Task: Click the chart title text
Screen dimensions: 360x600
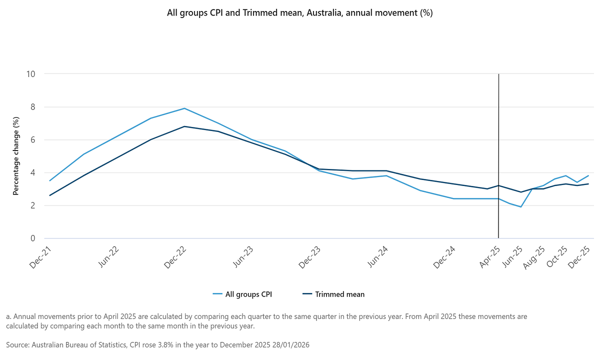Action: click(299, 13)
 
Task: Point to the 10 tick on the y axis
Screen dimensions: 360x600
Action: click(31, 74)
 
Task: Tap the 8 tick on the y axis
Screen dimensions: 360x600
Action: click(33, 107)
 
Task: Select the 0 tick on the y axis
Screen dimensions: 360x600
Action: click(33, 238)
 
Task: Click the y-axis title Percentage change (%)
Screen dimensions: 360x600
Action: click(15, 156)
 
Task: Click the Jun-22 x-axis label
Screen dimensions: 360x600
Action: click(108, 257)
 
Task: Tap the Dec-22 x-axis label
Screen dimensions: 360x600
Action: click(175, 257)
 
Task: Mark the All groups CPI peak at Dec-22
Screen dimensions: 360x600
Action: click(184, 108)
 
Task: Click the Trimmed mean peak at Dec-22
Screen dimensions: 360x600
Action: click(184, 126)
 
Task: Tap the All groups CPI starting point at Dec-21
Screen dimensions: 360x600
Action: click(50, 180)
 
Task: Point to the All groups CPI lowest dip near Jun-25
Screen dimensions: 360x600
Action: click(521, 207)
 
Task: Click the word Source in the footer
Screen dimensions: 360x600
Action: click(18, 345)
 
